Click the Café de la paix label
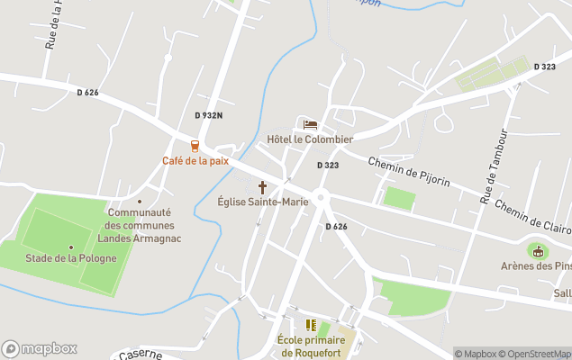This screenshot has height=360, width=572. pos(195,161)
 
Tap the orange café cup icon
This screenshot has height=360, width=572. pos(195,146)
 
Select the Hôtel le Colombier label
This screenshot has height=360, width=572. pos(310,139)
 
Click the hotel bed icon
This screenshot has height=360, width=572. pos(310,124)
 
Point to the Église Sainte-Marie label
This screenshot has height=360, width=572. pos(263,202)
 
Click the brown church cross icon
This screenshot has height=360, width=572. pos(263,187)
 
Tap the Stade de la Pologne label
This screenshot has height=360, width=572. pos(71,259)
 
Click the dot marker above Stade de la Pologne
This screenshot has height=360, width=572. pos(71,247)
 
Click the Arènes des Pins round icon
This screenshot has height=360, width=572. pos(539,251)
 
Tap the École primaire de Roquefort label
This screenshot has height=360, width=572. pos(312,346)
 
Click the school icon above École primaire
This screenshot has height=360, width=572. pos(311,325)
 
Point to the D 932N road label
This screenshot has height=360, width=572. pos(208,115)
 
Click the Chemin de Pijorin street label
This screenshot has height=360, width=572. pos(408,171)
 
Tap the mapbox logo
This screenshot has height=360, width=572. pos(40,348)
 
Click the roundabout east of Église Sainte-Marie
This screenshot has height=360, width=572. pos(322,199)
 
